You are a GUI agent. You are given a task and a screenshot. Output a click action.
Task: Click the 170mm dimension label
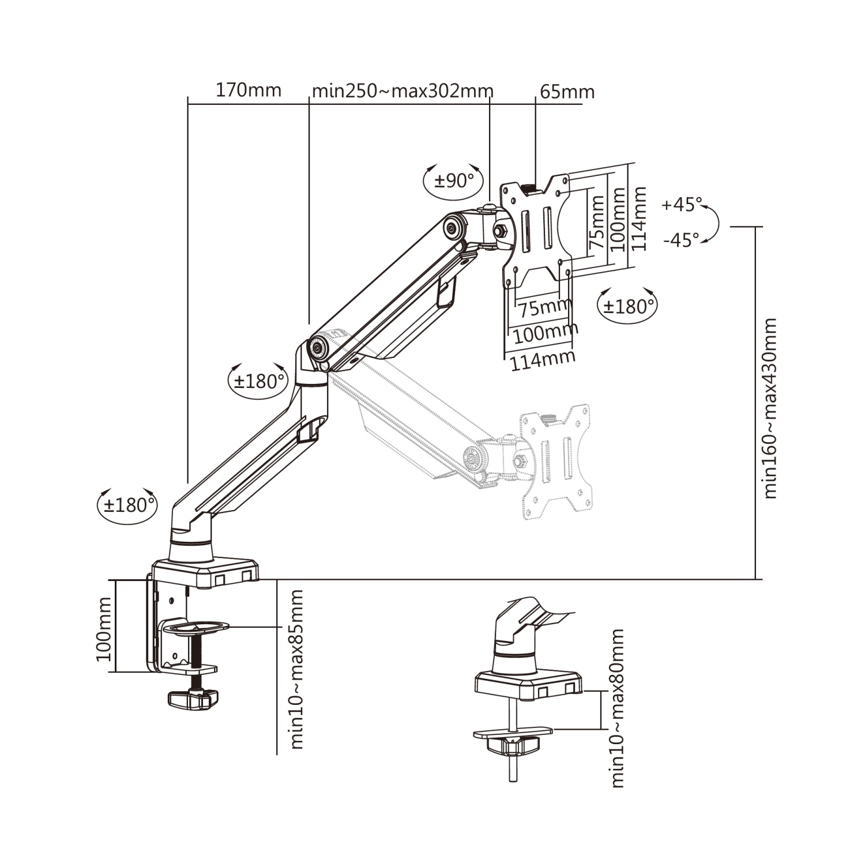click(x=249, y=90)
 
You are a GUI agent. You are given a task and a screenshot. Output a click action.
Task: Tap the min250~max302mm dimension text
click(x=402, y=91)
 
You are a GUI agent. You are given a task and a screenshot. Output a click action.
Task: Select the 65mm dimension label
click(x=567, y=92)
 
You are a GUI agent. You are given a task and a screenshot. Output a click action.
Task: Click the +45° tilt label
click(x=682, y=204)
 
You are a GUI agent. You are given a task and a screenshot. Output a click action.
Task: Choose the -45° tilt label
click(x=681, y=239)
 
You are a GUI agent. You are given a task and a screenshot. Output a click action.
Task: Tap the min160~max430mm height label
click(x=770, y=408)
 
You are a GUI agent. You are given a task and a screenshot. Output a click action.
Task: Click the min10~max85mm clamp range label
click(x=297, y=669)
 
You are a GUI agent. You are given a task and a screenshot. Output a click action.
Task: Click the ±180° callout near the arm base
click(x=127, y=505)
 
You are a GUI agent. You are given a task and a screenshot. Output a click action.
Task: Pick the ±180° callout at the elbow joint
click(x=259, y=380)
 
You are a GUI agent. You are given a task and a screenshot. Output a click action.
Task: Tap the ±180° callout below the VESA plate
click(x=628, y=305)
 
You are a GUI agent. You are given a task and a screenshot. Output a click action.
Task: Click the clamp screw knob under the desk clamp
click(x=193, y=699)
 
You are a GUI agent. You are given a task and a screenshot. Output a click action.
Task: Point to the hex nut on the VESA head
click(x=500, y=231)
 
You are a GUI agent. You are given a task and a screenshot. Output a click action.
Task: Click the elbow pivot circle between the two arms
click(x=317, y=347)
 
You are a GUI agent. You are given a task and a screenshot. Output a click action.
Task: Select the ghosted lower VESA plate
click(x=555, y=461)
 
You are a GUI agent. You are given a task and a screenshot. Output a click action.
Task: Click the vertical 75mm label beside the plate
click(x=596, y=222)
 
